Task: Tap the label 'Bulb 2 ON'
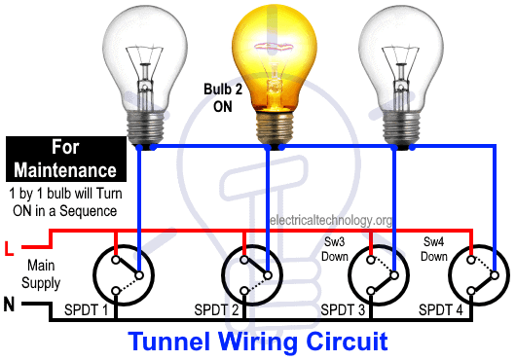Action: click(223, 98)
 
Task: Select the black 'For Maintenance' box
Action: click(66, 160)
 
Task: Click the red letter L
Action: click(9, 248)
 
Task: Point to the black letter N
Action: click(9, 305)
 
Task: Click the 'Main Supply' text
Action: click(41, 274)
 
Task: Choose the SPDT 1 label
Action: click(87, 309)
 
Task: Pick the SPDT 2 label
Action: click(216, 309)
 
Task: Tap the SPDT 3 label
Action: click(343, 309)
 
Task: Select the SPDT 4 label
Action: click(441, 309)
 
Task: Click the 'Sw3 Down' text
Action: click(334, 249)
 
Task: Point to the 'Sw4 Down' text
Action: click(434, 249)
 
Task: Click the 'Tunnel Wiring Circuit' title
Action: click(258, 342)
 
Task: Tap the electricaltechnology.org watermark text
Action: click(330, 220)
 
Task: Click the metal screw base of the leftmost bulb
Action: click(145, 127)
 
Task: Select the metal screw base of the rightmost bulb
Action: click(401, 127)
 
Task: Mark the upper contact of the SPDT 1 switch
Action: click(116, 260)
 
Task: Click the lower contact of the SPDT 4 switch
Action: click(471, 291)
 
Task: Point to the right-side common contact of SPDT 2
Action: click(268, 275)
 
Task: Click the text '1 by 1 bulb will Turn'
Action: click(66, 194)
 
